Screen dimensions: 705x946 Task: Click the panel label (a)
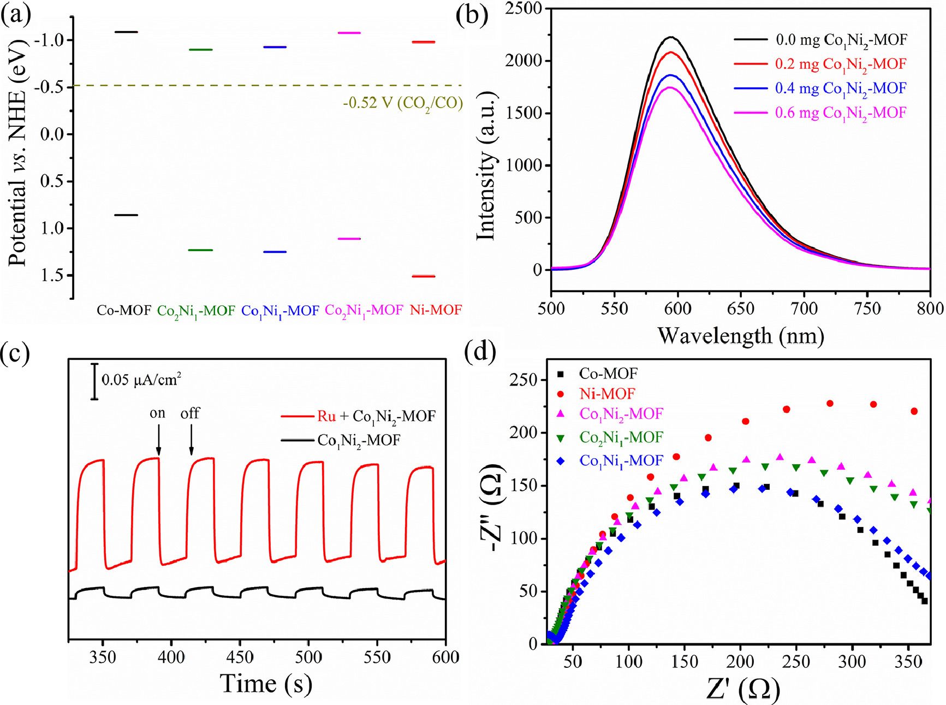coord(16,15)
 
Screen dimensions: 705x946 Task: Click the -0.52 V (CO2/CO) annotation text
coord(403,103)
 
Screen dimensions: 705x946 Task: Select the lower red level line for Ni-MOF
coord(424,276)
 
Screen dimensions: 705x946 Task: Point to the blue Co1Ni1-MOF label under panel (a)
coord(280,311)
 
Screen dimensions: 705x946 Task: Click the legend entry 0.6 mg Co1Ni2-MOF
coord(841,113)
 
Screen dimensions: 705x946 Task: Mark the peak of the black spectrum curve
coord(671,37)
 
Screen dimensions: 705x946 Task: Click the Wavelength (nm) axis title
coord(741,335)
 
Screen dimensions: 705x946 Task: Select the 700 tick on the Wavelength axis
coord(804,309)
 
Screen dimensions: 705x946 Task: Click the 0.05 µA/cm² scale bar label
coord(141,380)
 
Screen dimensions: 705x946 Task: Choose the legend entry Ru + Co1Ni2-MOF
coord(377,417)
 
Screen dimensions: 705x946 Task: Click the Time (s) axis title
coord(266,684)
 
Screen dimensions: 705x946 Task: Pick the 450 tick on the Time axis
coord(240,657)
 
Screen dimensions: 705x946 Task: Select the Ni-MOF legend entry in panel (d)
coord(607,394)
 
